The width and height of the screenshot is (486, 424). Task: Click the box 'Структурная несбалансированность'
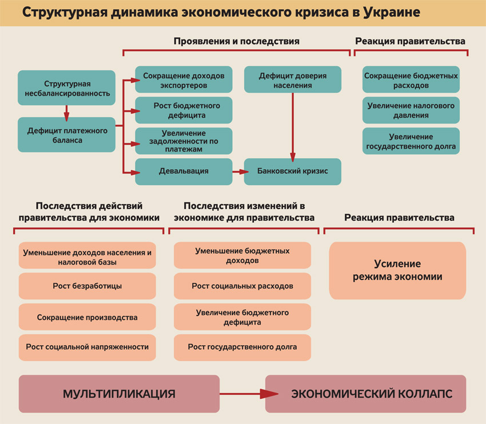pos(66,88)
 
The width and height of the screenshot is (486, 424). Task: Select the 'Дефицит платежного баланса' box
pos(66,135)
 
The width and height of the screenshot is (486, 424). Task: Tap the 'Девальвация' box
pos(184,171)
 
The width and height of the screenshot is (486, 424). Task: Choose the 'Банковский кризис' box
pos(292,171)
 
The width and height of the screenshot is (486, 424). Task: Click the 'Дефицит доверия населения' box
pos(292,80)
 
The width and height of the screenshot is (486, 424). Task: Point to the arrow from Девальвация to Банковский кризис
pos(238,171)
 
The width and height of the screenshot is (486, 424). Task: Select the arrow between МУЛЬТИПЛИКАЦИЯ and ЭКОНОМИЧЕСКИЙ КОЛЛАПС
pos(242,394)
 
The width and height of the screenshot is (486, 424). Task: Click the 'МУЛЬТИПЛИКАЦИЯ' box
pos(119,394)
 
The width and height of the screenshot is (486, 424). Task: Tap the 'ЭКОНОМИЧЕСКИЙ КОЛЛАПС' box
pos(365,394)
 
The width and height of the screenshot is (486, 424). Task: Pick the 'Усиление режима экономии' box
pos(397,270)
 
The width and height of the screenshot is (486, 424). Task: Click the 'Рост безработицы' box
pos(87,286)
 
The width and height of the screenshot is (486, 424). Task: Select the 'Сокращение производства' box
pos(87,317)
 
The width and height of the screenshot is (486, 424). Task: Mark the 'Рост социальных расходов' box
pos(242,286)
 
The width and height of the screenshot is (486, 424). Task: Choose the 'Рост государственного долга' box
pos(242,347)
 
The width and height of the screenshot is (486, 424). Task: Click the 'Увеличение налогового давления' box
pos(411,110)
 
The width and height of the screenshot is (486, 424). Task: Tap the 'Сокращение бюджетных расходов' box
pos(411,80)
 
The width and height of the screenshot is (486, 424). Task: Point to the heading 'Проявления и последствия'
pos(236,41)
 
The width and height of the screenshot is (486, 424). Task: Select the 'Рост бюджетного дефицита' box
pos(184,110)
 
